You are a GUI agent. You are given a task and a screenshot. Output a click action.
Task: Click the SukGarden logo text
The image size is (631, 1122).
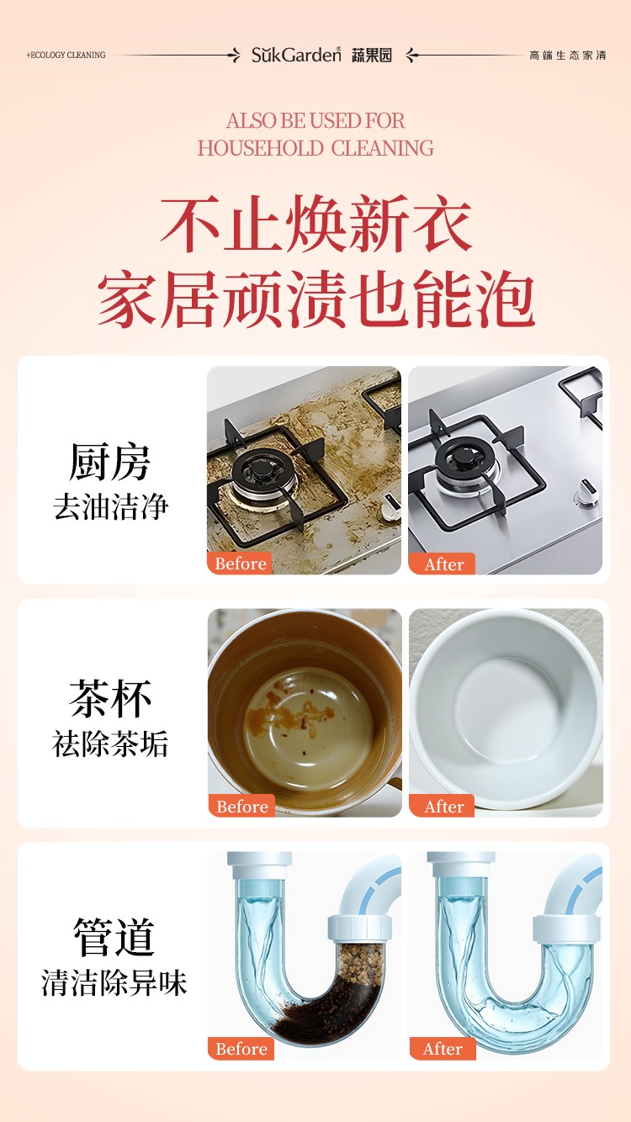296,55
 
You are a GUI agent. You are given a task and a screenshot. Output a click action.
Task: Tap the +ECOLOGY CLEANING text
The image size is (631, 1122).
66,56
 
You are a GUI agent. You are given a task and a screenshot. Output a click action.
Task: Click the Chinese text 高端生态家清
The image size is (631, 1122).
567,56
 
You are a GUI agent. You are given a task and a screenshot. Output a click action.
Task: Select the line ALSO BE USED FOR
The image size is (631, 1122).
315,121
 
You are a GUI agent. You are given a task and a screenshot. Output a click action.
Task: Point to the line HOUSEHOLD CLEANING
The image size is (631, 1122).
315,148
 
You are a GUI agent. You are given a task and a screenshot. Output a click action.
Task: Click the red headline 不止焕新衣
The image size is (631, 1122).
315,224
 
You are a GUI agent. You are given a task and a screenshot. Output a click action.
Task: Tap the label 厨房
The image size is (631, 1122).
109,462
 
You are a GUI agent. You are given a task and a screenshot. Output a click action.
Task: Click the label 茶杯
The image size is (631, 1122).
110,699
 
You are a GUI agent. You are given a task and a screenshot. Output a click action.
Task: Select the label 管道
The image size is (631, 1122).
114,937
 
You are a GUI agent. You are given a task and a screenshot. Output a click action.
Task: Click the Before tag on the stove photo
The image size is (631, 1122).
240,564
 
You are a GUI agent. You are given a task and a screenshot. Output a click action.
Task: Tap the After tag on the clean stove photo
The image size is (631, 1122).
442,564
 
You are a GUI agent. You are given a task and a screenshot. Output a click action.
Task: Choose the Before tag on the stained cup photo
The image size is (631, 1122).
241,806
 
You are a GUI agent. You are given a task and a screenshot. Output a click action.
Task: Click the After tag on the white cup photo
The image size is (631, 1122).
442,806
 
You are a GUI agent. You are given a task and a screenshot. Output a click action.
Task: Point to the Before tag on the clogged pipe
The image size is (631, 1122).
241,1048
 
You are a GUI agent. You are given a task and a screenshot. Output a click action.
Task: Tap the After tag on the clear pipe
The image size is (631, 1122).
443,1048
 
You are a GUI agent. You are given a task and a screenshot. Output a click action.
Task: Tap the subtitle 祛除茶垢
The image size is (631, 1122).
110,744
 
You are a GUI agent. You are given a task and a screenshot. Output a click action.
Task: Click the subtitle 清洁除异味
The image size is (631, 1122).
114,982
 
